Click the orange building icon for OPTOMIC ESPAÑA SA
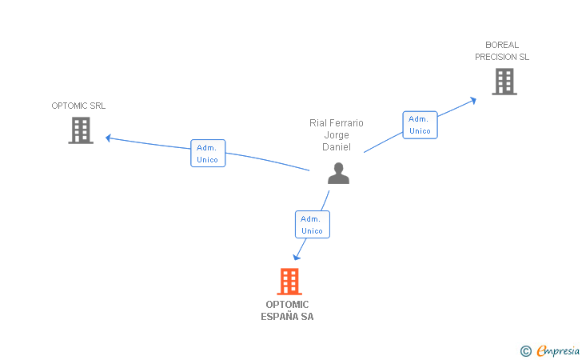point(289,282)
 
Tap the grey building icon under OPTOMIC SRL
point(81,130)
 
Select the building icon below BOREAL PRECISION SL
point(504,82)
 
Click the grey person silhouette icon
point(338,173)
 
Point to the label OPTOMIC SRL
point(78,106)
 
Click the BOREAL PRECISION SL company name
point(502,51)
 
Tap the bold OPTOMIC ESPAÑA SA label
point(287,310)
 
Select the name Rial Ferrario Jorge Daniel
point(337,135)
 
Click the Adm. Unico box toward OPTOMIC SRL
point(208,154)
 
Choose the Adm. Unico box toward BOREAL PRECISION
point(421,125)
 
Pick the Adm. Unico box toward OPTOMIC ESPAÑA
point(313,224)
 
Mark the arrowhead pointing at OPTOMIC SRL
point(109,138)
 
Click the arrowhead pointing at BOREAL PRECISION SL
point(473,100)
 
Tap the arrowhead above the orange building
point(296,257)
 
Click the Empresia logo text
point(558,350)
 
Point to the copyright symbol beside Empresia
point(526,351)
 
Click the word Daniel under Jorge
point(337,147)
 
